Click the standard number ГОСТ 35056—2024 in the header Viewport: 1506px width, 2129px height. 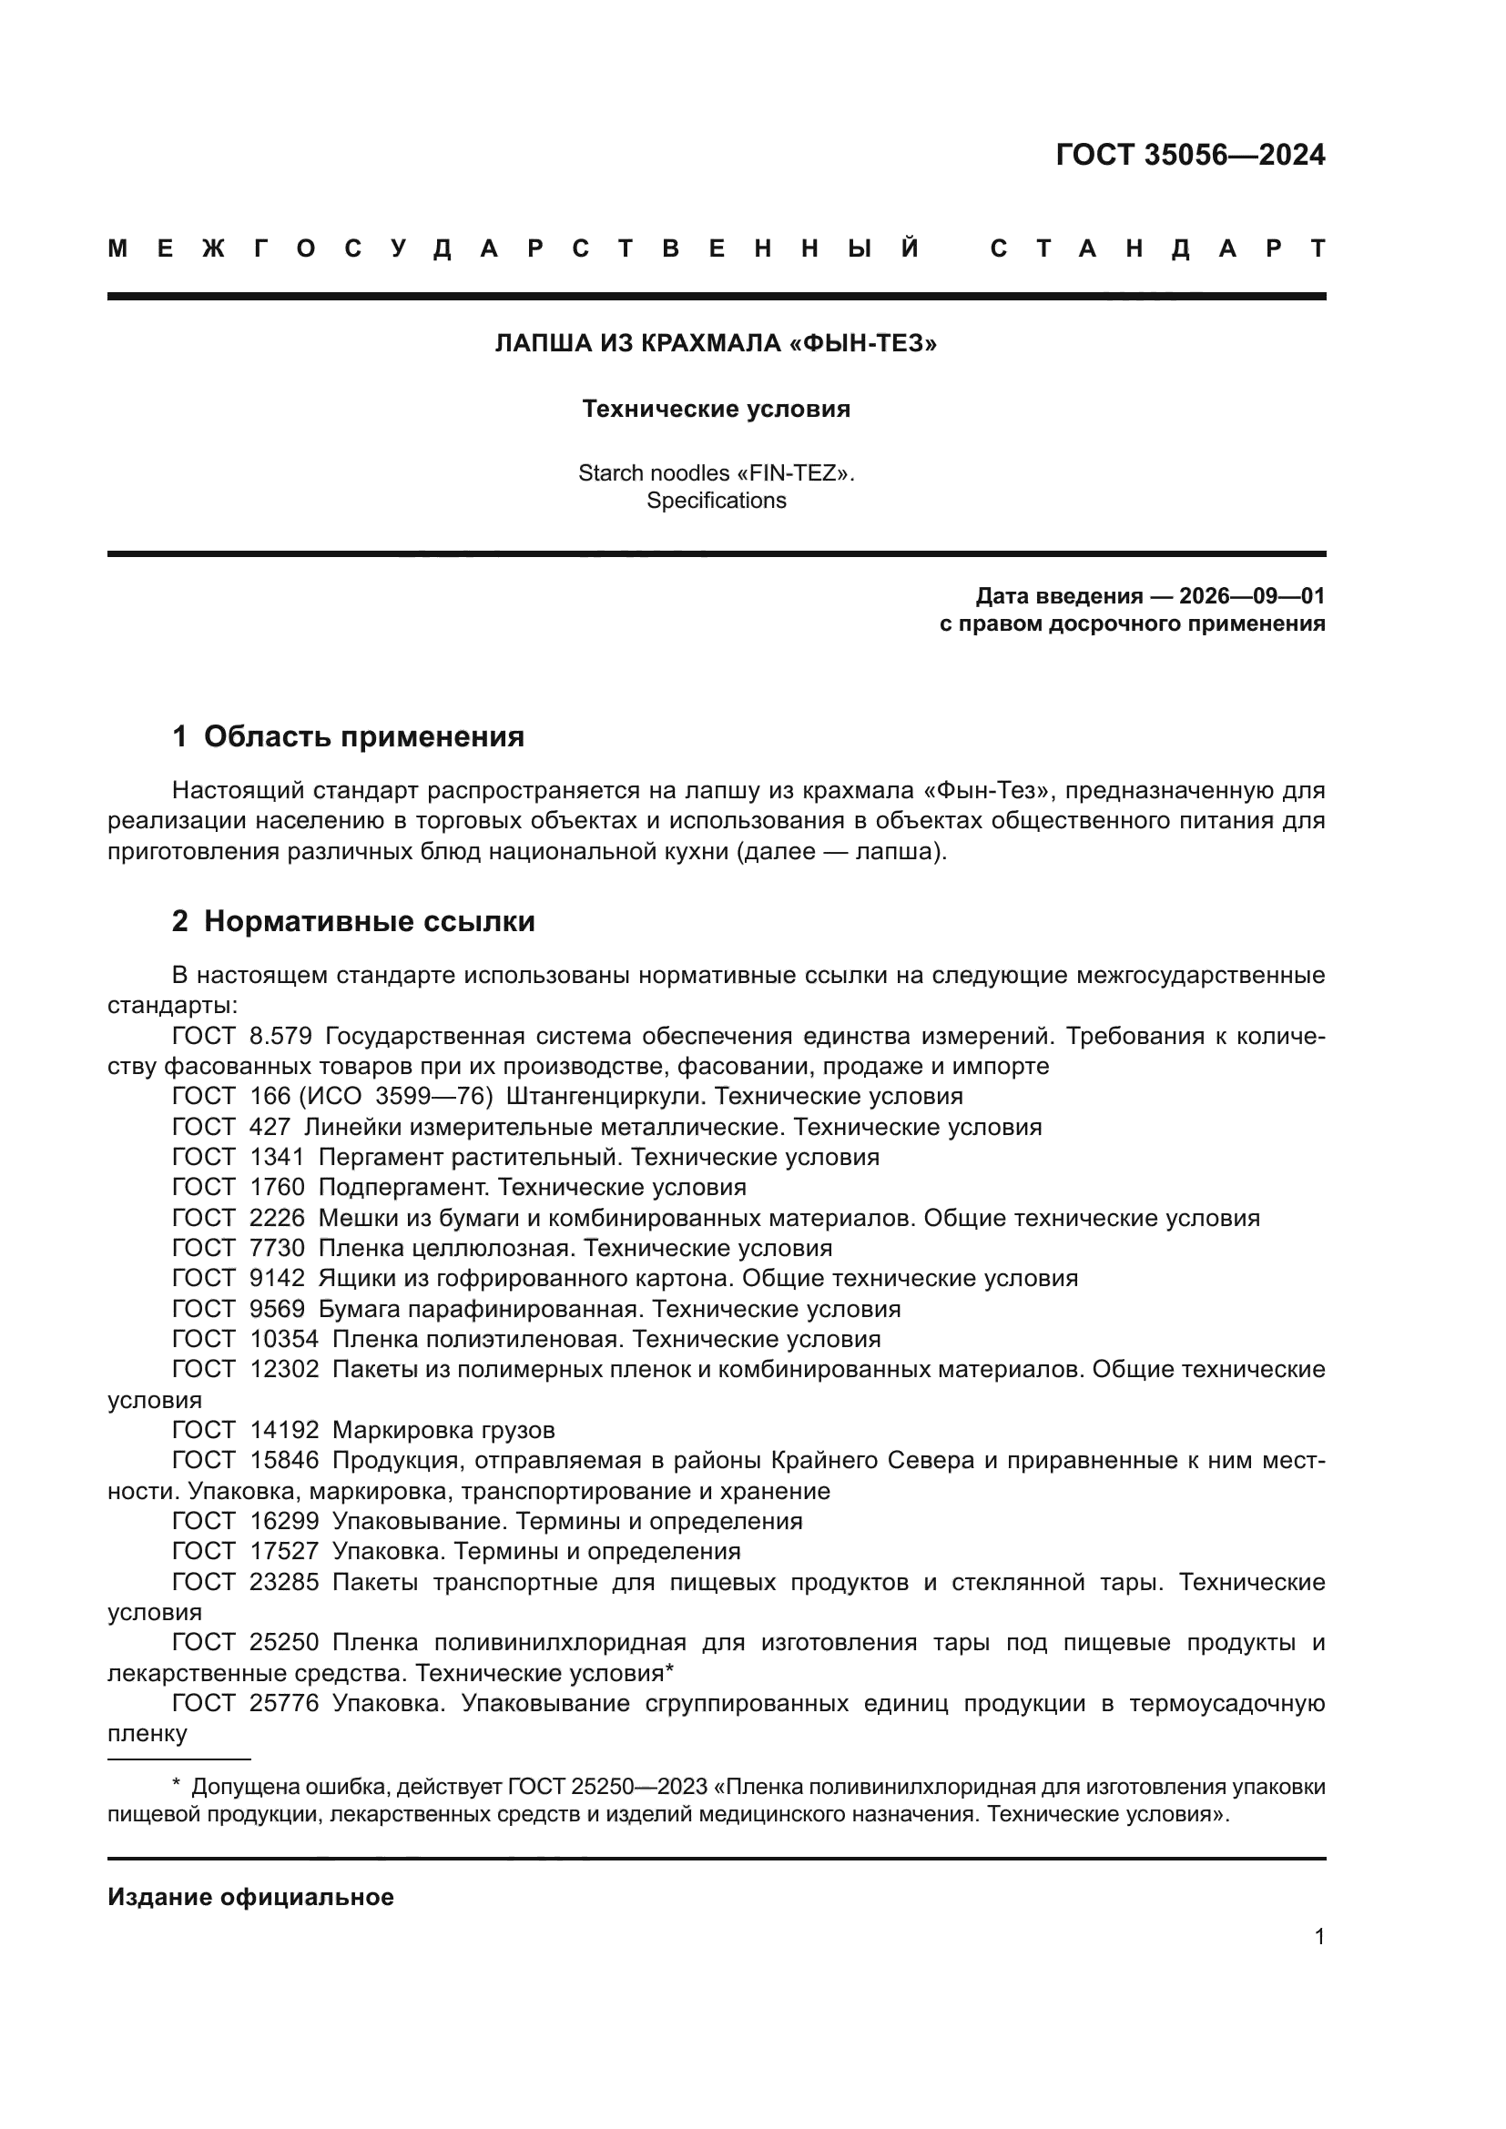1190,155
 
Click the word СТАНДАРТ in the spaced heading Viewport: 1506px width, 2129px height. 1157,248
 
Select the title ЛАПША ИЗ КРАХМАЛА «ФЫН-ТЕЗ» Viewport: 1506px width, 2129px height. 716,344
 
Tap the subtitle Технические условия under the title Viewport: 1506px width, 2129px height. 716,409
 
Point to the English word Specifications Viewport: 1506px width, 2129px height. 716,501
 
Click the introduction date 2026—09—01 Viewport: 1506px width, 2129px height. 1252,596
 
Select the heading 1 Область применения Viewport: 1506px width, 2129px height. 348,736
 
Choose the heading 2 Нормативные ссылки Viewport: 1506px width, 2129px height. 353,921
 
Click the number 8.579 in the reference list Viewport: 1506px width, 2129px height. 281,1036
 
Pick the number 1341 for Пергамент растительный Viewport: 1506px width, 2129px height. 278,1157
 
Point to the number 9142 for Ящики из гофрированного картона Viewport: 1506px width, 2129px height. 278,1278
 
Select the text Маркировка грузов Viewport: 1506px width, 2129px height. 443,1430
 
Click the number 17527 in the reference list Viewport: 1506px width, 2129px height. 284,1551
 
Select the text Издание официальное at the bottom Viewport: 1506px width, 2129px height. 250,1897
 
